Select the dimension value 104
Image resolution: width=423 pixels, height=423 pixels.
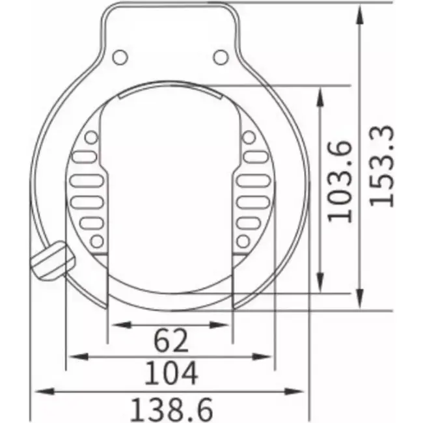click(x=170, y=374)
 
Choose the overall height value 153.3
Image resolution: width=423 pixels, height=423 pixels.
click(x=381, y=165)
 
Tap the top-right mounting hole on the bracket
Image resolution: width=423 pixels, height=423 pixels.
click(x=221, y=57)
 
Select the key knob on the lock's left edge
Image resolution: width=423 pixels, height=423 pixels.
click(x=51, y=260)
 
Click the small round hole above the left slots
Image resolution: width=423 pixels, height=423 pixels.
click(x=92, y=137)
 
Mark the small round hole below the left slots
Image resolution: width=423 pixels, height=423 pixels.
click(x=96, y=242)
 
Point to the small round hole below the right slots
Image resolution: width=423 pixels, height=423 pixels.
click(x=243, y=242)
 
